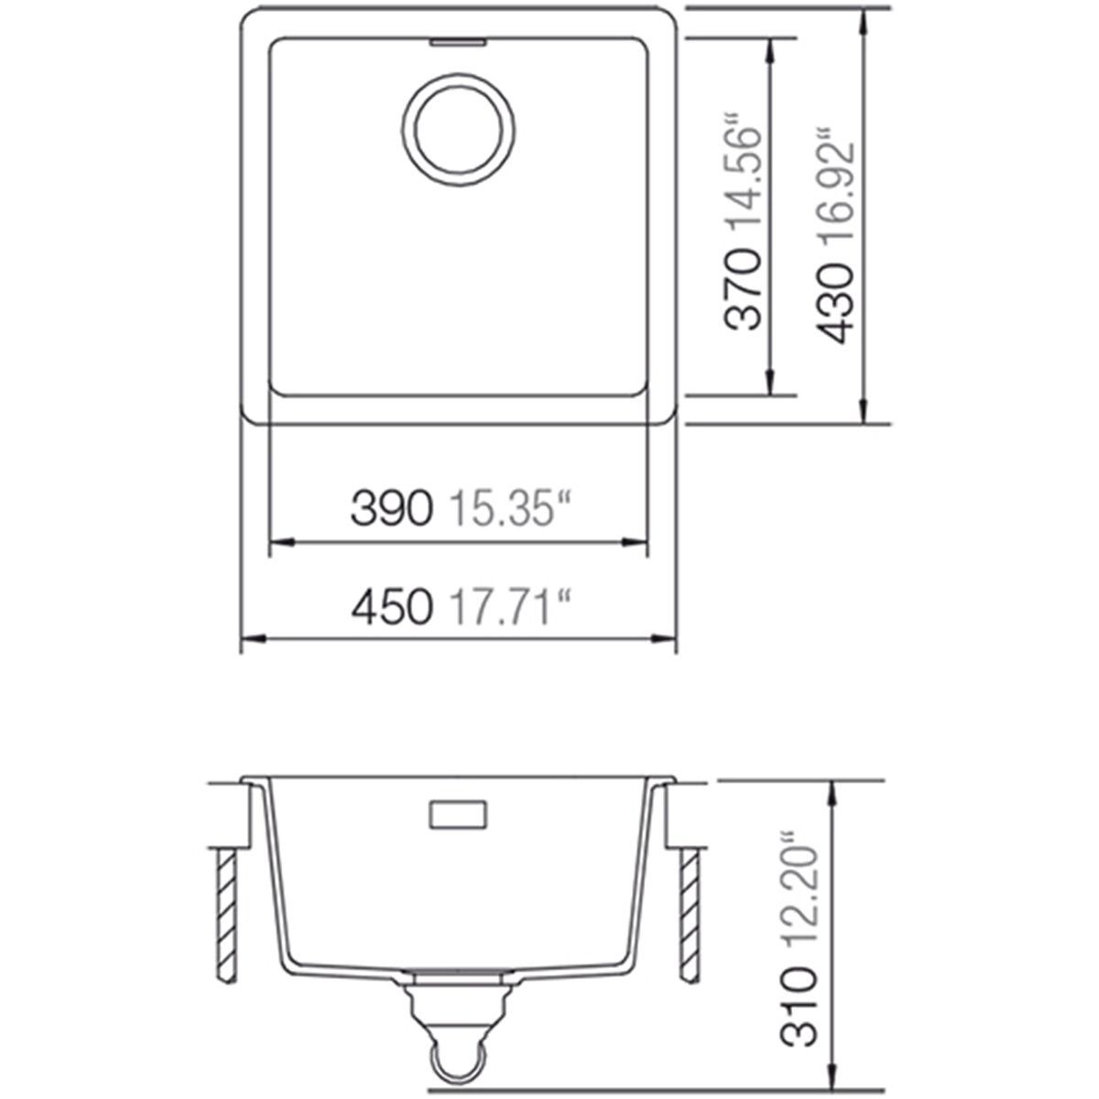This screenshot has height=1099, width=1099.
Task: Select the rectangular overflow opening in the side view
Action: [x=457, y=814]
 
